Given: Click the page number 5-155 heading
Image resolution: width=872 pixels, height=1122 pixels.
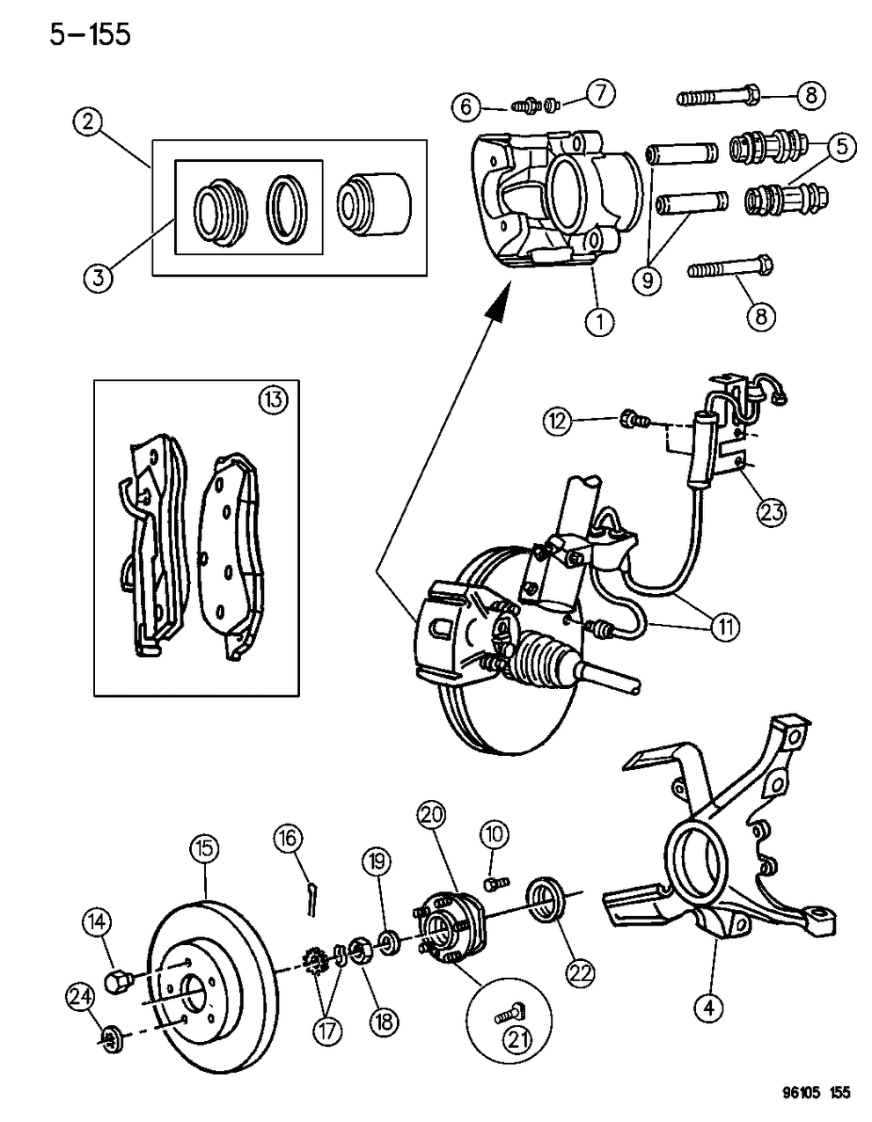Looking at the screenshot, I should (x=84, y=34).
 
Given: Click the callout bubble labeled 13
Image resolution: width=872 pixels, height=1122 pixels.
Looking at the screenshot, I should (x=273, y=400).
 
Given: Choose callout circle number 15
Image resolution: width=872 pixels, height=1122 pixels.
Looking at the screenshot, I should (x=204, y=849).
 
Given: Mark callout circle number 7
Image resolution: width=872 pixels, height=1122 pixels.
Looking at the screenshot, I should (x=601, y=92).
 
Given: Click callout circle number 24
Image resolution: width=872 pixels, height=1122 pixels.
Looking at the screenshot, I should (x=81, y=998).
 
